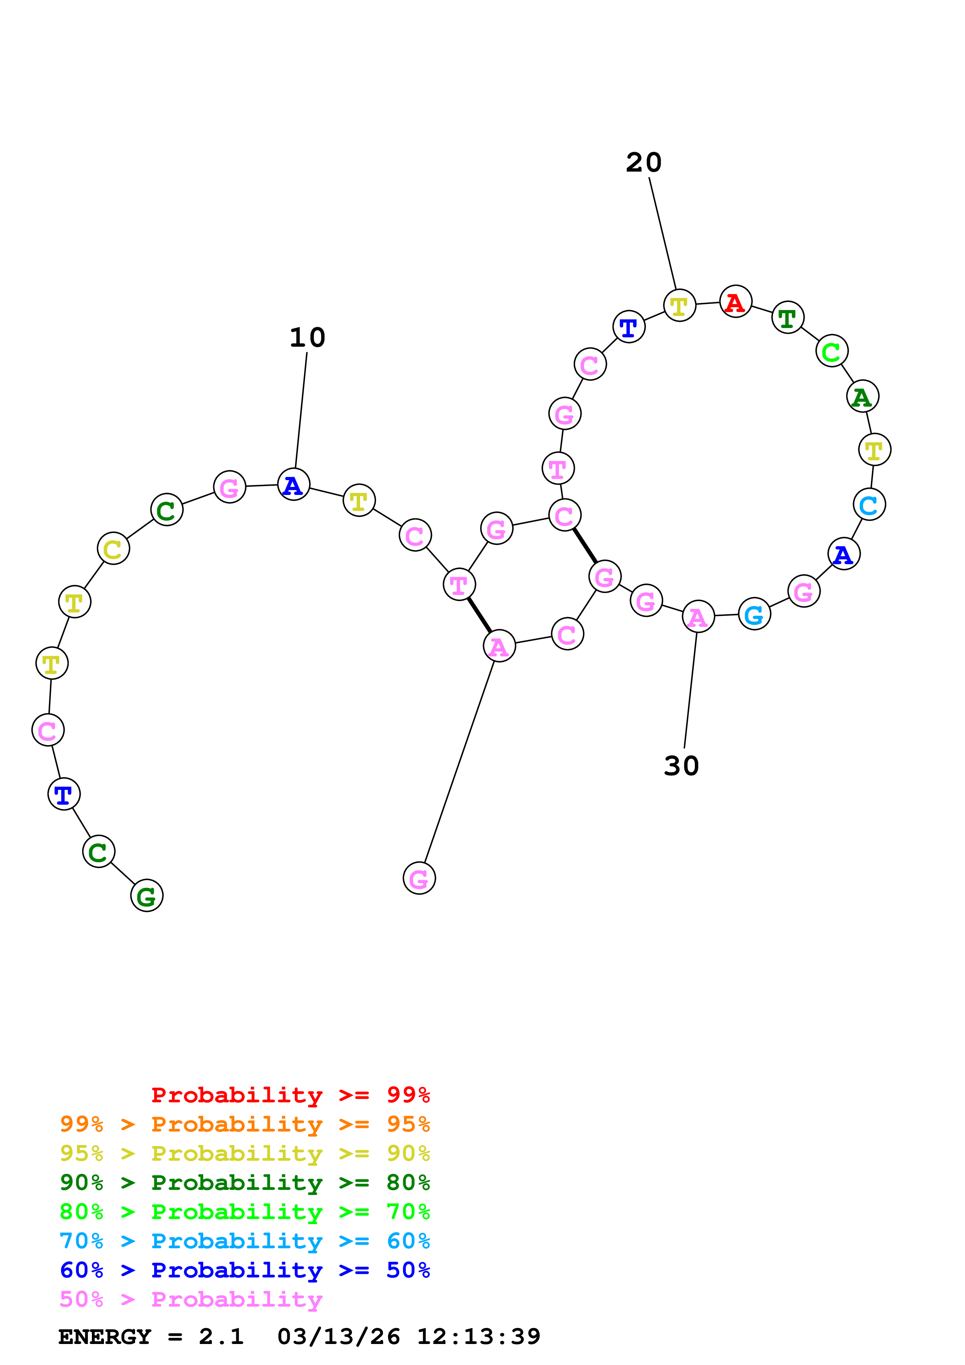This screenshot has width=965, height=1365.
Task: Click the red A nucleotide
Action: [735, 302]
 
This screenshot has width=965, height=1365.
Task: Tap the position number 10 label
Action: [307, 338]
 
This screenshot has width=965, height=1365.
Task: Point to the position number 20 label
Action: [643, 162]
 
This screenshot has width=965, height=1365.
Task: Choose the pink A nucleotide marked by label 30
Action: [698, 616]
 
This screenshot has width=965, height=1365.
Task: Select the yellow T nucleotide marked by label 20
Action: [679, 305]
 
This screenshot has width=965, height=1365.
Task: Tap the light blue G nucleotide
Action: [754, 614]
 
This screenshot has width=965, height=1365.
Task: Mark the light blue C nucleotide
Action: [869, 505]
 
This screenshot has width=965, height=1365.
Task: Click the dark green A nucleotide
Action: [862, 397]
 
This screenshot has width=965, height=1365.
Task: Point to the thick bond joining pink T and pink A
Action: [479, 615]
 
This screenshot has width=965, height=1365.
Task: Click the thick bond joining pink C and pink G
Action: [584, 545]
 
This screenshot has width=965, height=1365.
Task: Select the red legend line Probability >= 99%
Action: [290, 1095]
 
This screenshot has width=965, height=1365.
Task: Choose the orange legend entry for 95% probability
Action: [244, 1124]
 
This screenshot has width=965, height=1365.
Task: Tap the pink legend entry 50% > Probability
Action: [191, 1299]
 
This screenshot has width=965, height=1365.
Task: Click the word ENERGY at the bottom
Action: [105, 1337]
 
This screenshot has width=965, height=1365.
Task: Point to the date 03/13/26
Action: [338, 1337]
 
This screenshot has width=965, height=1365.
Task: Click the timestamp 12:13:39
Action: [478, 1337]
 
